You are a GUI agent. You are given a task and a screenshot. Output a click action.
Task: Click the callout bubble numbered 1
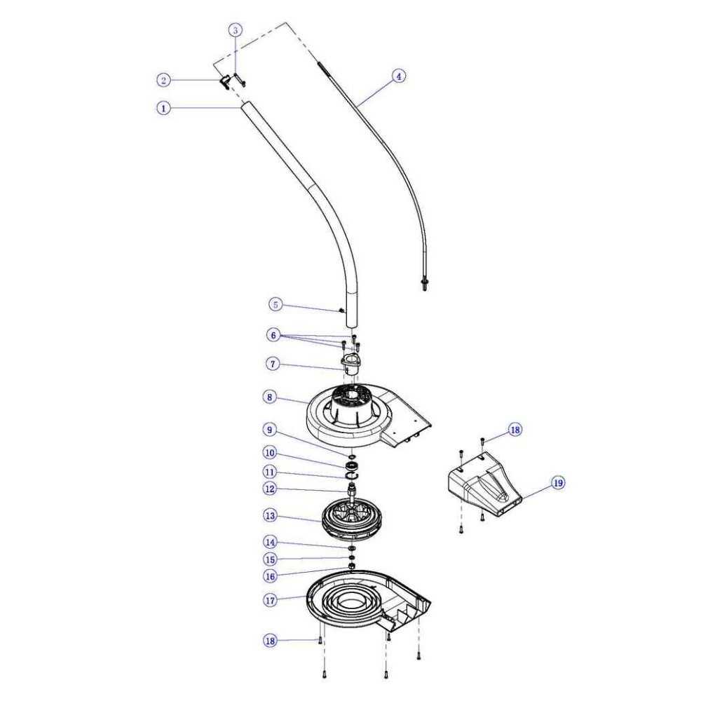click(x=163, y=108)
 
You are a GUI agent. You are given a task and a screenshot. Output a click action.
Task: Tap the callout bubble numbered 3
click(x=236, y=30)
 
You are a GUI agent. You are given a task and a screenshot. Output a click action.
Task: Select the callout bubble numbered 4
click(x=399, y=76)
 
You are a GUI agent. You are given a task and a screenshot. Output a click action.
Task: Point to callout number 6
click(x=273, y=335)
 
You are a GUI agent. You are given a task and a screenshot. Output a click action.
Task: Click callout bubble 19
click(x=558, y=483)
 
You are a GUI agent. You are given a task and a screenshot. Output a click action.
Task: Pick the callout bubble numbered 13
click(x=270, y=515)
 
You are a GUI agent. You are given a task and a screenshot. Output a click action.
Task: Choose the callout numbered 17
click(x=271, y=600)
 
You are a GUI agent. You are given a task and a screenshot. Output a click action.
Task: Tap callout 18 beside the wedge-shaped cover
click(x=515, y=430)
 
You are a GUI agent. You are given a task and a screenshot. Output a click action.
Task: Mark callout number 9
click(x=269, y=430)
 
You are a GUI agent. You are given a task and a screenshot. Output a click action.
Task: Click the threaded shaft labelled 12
click(x=353, y=491)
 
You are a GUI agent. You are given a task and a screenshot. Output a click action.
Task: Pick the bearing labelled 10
click(x=352, y=466)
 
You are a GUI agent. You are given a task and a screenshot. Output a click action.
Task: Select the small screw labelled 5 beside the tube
click(x=341, y=311)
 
